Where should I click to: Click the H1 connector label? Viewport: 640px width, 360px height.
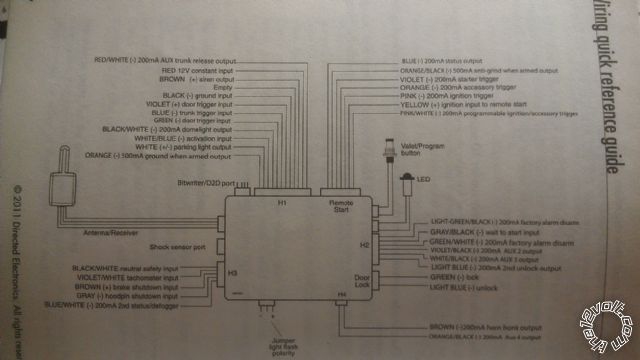[282, 204]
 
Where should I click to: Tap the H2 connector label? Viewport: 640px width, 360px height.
[366, 243]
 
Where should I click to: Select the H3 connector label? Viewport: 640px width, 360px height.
[232, 272]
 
